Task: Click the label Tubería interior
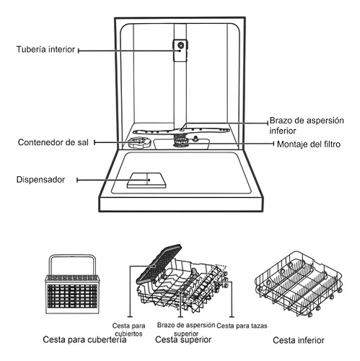[x=45, y=49]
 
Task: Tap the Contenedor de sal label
[x=53, y=142]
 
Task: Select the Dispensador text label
[x=40, y=180]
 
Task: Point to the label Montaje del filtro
[x=309, y=144]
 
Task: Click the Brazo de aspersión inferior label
[x=307, y=126]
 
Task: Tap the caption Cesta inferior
[x=299, y=340]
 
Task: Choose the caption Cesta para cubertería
[x=84, y=339]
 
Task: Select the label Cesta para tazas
[x=242, y=326]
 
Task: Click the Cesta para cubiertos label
[x=128, y=330]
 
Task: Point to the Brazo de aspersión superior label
[x=186, y=329]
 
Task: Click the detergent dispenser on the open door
[x=146, y=180]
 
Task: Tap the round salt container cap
[x=139, y=143]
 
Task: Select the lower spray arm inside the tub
[x=181, y=131]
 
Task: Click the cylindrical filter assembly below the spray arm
[x=180, y=141]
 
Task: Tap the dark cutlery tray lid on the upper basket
[x=159, y=264]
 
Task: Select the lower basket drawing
[x=299, y=284]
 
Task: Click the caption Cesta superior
[x=183, y=339]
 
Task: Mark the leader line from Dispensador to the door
[x=113, y=180]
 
